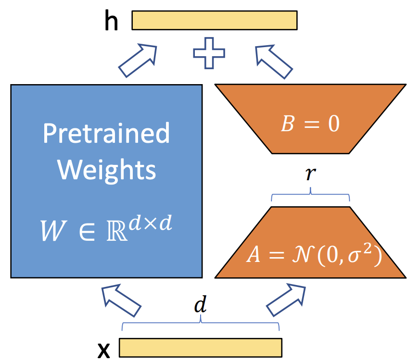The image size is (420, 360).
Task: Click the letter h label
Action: (111, 20)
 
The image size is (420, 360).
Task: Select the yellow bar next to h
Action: (215, 20)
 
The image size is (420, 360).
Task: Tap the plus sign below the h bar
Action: (209, 53)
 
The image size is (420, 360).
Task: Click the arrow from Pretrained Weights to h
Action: (138, 60)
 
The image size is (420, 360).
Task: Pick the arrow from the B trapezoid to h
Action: (274, 62)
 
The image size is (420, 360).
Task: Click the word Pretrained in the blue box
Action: (106, 133)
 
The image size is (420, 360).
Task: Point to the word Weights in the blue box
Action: (106, 170)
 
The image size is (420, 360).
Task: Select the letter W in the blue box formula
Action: (52, 230)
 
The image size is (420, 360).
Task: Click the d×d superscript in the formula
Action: (150, 223)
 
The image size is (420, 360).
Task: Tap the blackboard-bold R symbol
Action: (117, 231)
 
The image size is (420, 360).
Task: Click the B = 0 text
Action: (310, 124)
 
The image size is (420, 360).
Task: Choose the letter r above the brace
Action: (311, 174)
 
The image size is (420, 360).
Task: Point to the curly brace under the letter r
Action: (310, 194)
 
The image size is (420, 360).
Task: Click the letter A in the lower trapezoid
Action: (254, 254)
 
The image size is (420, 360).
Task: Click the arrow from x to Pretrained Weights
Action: (121, 300)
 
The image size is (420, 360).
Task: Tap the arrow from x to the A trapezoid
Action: (286, 300)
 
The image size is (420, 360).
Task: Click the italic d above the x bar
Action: (200, 304)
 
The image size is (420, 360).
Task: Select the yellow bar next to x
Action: (201, 348)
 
